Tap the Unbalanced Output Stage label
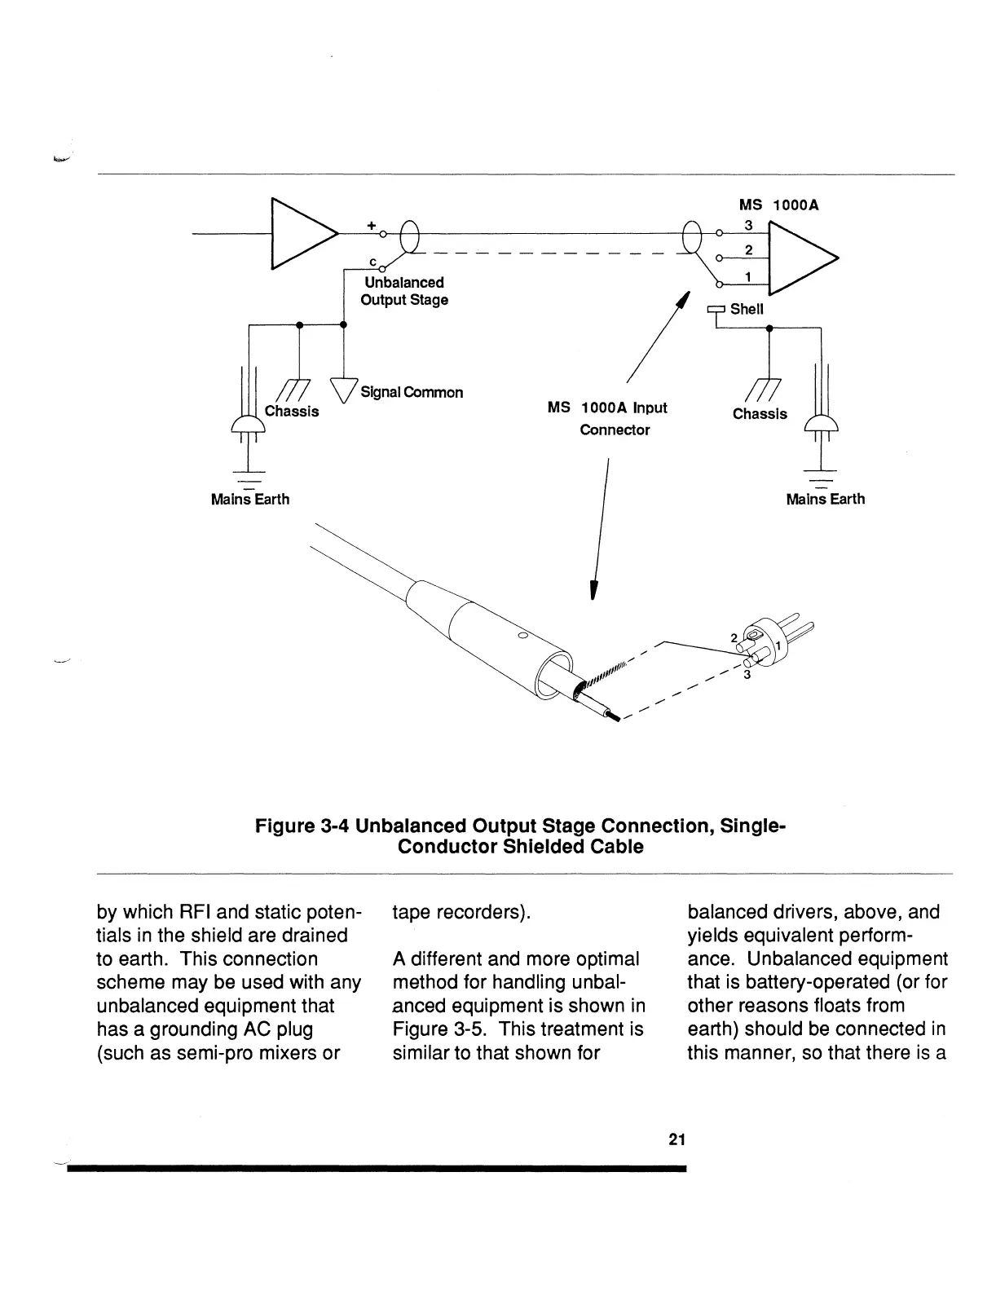[404, 291]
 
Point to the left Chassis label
[291, 411]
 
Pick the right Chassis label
[760, 414]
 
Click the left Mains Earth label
[249, 499]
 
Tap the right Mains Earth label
[825, 499]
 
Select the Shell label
[746, 309]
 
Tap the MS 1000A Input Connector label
[607, 418]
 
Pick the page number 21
[676, 1140]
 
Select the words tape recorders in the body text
[461, 912]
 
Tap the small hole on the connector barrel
[522, 635]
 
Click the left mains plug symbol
[249, 425]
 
